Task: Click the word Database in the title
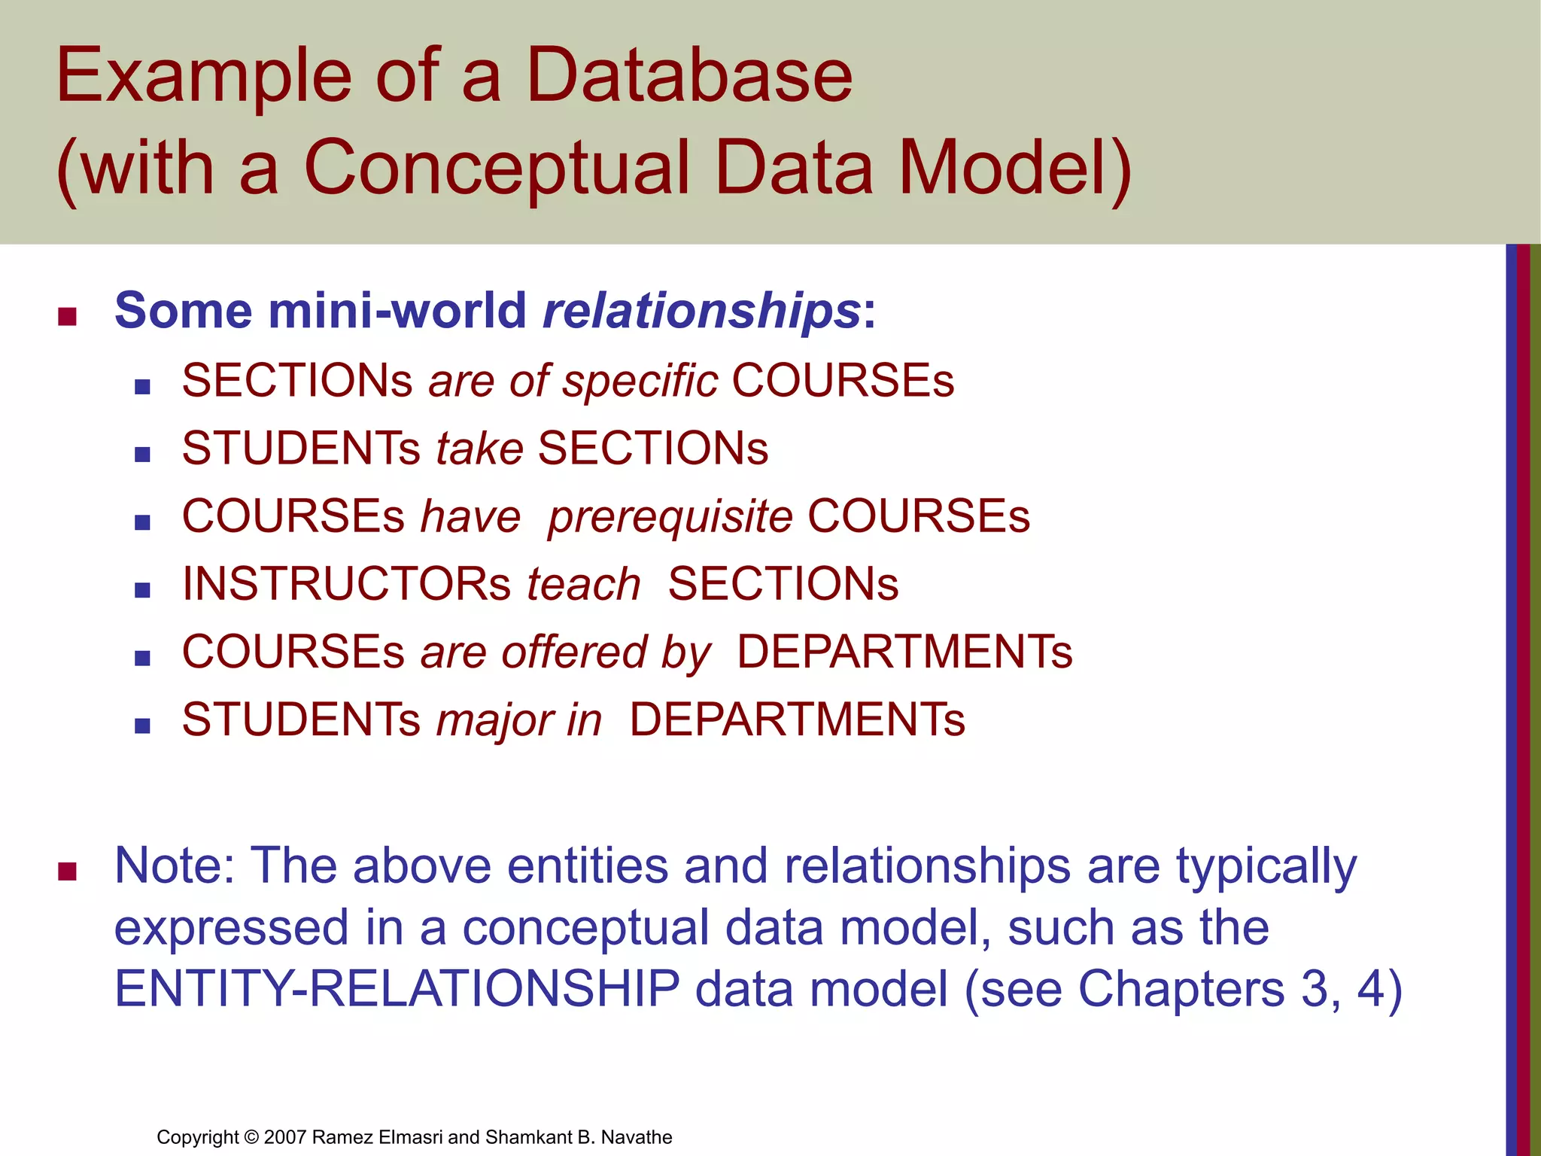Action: click(x=688, y=75)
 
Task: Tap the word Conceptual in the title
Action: click(x=497, y=167)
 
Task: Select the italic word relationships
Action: click(x=701, y=310)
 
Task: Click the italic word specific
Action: click(x=640, y=381)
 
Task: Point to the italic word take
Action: click(x=479, y=449)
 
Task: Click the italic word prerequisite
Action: click(x=670, y=518)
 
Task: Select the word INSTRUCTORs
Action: click(x=347, y=584)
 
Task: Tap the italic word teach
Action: click(x=583, y=584)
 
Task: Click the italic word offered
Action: click(x=574, y=652)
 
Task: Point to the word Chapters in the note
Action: click(x=1181, y=988)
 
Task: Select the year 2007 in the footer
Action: click(x=285, y=1137)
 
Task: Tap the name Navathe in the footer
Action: click(x=637, y=1137)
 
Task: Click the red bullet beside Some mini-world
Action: click(x=68, y=316)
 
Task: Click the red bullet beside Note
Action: click(x=68, y=872)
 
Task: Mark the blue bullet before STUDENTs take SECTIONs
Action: click(x=142, y=455)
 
